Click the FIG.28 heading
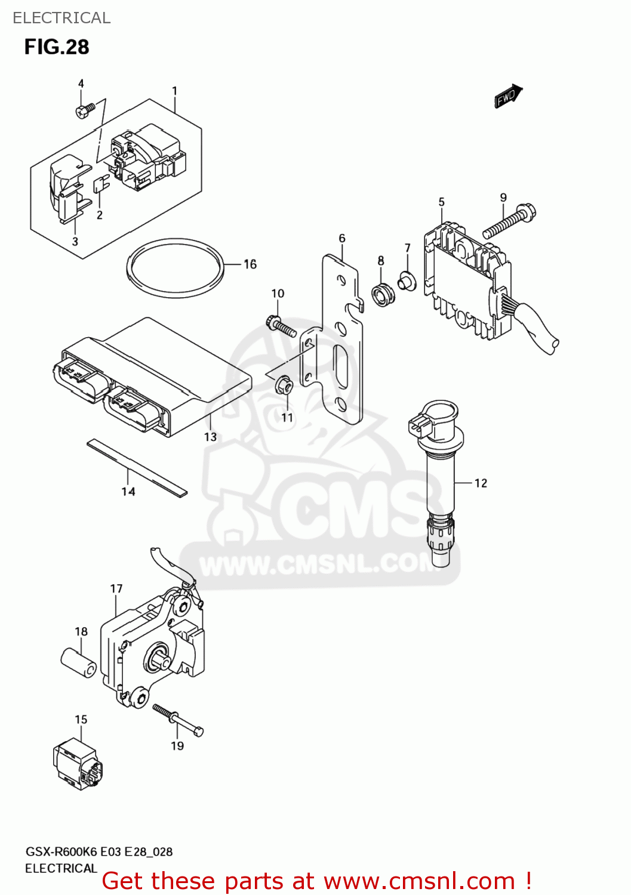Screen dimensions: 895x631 click(x=57, y=47)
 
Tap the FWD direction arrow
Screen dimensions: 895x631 click(x=507, y=97)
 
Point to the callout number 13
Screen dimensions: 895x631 click(x=210, y=437)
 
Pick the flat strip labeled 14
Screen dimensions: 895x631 click(x=137, y=468)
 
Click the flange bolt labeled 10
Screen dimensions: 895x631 click(x=281, y=326)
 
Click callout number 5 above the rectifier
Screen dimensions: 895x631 click(x=441, y=202)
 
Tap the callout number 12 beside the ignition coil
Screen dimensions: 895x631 click(x=481, y=483)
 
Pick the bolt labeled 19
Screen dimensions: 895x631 click(x=178, y=720)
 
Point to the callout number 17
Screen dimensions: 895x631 click(x=116, y=589)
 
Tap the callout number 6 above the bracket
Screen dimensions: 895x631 click(x=342, y=239)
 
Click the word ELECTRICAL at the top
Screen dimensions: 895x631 click(x=61, y=18)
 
